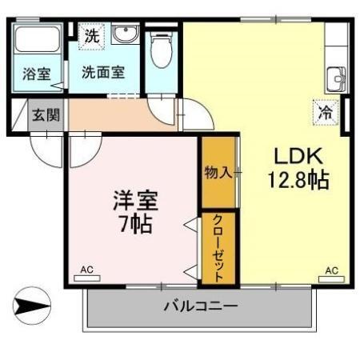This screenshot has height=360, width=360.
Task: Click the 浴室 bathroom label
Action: tap(37, 74)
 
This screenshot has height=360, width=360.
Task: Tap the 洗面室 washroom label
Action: tap(103, 71)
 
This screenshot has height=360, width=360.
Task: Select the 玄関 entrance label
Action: tap(45, 114)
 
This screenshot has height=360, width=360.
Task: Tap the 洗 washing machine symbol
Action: tap(93, 36)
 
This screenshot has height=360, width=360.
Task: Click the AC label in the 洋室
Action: tap(87, 270)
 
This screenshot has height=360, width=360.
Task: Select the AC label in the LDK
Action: tap(331, 270)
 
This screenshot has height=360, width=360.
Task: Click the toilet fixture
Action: tap(162, 50)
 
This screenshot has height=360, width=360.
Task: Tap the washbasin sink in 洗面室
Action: tap(125, 37)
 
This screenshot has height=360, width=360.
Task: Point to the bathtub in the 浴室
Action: tap(38, 45)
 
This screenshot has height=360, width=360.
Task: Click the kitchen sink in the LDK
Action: tap(336, 79)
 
